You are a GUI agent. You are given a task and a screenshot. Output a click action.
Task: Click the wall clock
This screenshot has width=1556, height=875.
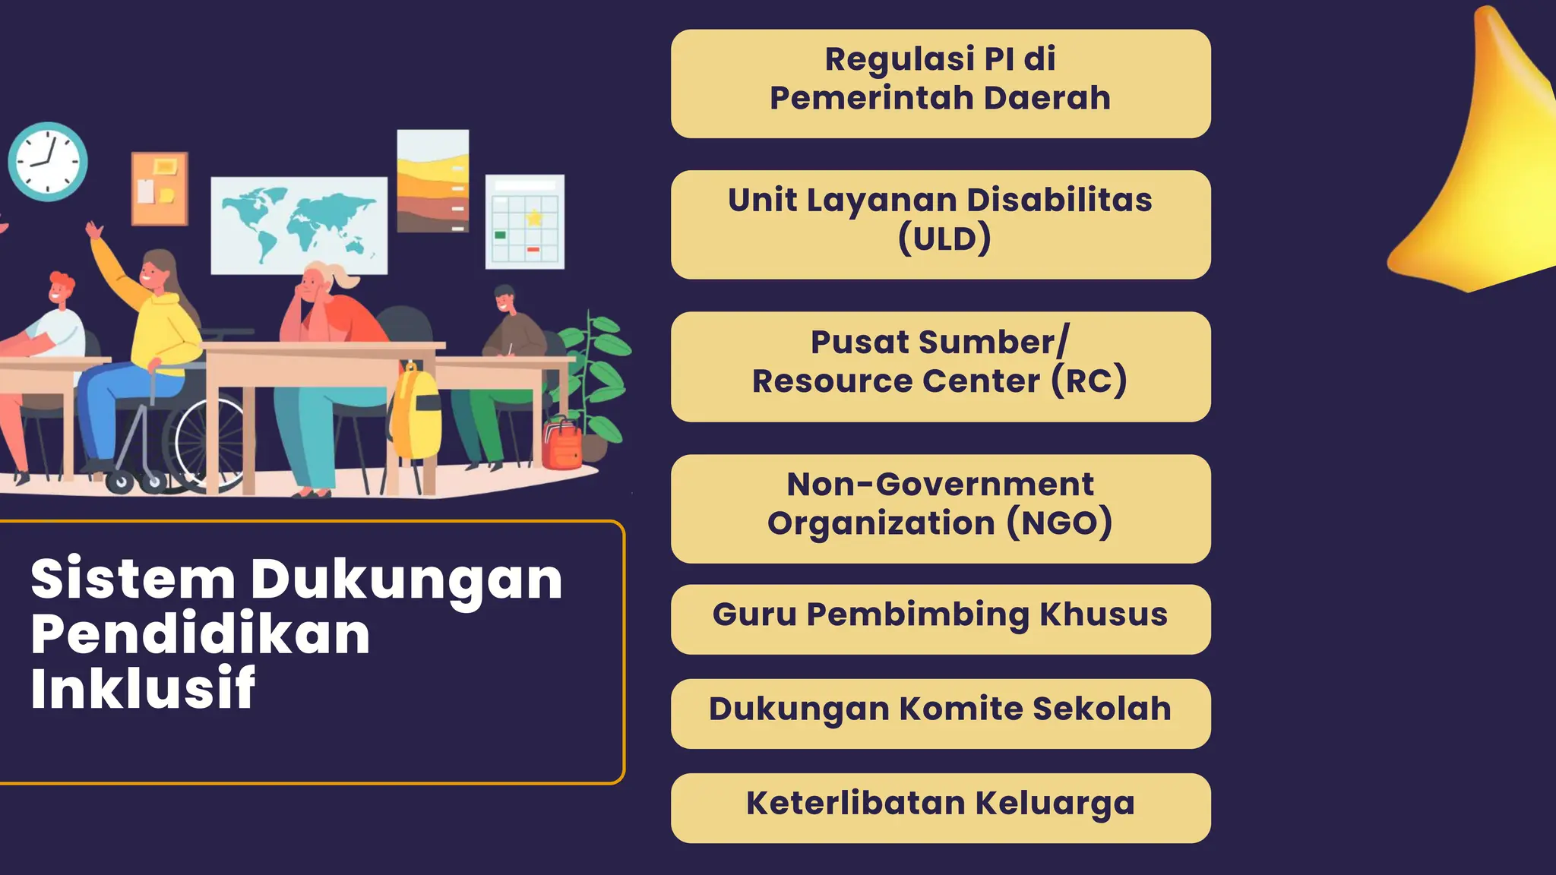(48, 162)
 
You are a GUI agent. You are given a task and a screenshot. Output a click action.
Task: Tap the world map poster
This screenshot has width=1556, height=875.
(299, 225)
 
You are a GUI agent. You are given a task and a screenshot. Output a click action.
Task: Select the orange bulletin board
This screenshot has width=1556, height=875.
(160, 188)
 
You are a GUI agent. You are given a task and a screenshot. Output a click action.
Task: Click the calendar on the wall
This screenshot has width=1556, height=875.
(525, 222)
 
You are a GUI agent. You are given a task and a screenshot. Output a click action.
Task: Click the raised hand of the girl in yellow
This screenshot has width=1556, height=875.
(94, 230)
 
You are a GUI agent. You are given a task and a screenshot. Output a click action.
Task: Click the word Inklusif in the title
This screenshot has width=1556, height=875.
(143, 688)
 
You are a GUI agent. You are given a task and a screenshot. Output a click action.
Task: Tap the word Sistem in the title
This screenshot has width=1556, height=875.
(133, 579)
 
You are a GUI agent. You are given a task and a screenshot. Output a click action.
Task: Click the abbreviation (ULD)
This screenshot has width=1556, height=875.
(944, 239)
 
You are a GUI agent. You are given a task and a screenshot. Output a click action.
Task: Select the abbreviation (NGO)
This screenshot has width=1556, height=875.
(1060, 523)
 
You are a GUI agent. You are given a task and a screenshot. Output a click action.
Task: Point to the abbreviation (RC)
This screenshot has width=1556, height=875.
(1089, 381)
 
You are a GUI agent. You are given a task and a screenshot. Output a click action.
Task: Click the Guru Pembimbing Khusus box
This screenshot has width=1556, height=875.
(941, 619)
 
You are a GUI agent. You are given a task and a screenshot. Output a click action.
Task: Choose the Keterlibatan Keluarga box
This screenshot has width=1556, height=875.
(941, 807)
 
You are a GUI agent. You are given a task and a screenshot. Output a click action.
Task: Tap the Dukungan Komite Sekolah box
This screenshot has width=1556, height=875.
(941, 713)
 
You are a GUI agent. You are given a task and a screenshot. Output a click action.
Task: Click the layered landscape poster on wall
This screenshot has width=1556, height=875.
(433, 181)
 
